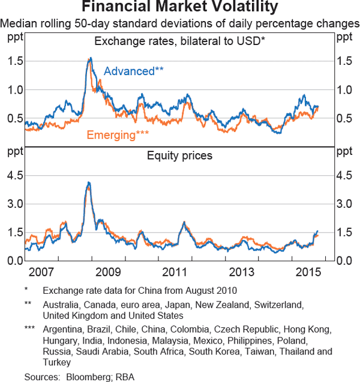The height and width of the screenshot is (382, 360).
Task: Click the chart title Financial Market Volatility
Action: pos(179,8)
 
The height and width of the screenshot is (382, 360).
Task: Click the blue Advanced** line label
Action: pos(134,71)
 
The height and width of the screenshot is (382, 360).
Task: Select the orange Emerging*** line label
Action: pos(118,135)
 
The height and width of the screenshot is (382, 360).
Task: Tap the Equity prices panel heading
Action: pos(179,156)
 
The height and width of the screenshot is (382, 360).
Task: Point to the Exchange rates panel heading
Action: pos(179,41)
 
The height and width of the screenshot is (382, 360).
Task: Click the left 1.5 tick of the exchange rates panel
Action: pos(16,61)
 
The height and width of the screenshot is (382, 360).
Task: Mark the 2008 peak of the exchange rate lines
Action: pos(90,58)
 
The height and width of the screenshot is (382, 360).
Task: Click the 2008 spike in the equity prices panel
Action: pos(89,183)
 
